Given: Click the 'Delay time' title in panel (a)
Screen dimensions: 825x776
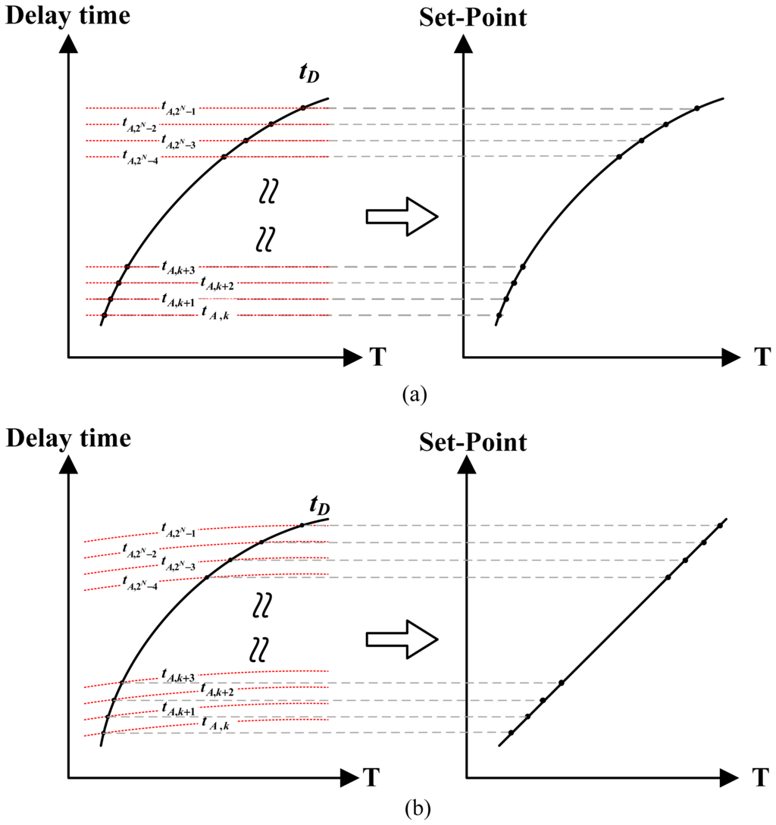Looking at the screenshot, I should click(67, 14).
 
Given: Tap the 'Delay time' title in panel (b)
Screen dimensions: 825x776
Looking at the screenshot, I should click(67, 438).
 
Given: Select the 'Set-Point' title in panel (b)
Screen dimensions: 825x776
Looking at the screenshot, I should click(472, 442).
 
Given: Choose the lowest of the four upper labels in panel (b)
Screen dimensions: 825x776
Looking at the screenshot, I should click(139, 581).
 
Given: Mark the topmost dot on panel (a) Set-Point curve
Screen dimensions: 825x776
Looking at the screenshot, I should click(696, 108).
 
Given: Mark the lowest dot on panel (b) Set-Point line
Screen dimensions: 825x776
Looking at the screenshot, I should click(511, 733).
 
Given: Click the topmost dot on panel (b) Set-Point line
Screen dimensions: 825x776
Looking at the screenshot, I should click(720, 526).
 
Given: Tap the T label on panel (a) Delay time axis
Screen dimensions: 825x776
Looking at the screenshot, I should click(377, 358).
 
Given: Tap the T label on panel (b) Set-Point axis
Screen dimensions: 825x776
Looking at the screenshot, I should click(762, 778).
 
